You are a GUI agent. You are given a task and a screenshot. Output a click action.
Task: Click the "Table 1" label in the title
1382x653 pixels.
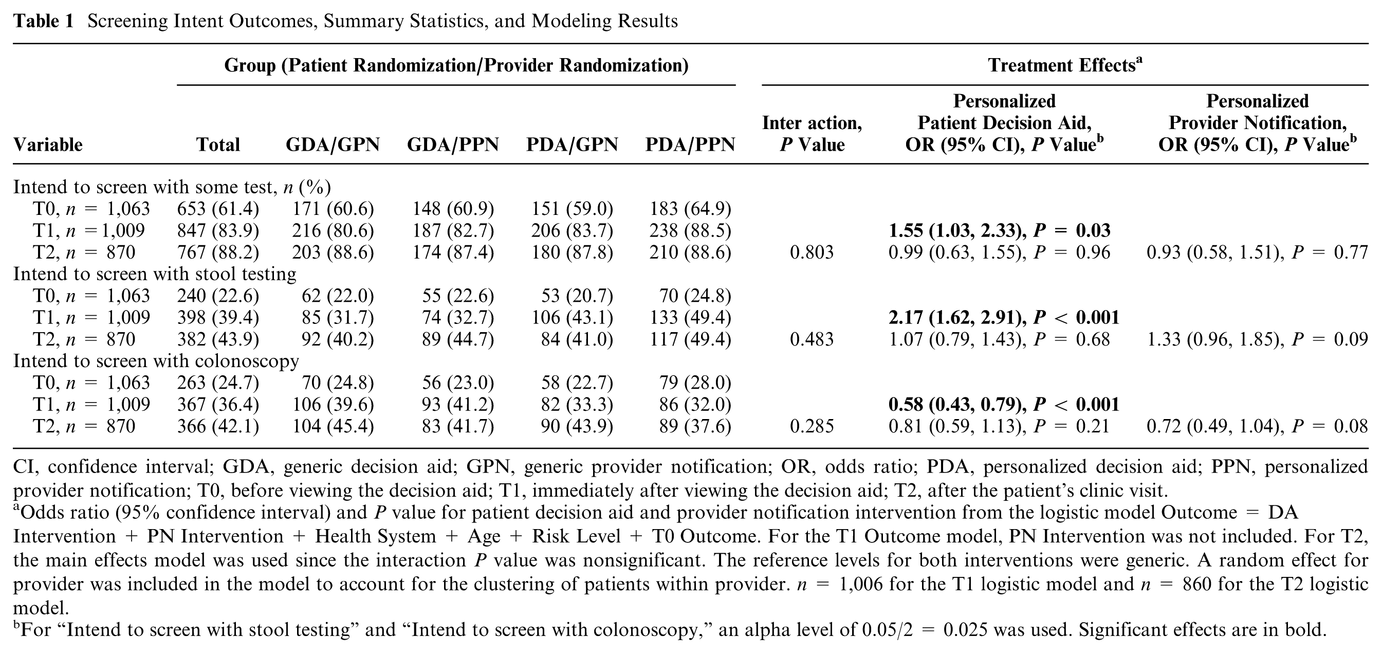[43, 21]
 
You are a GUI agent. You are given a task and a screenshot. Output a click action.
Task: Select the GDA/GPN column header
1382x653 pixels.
[333, 144]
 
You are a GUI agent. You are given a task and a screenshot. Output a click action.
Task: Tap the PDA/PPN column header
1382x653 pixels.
[690, 144]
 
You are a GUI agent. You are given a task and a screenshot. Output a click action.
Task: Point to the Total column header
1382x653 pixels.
[218, 144]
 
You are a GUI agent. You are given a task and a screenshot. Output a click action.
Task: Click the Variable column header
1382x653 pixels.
[48, 144]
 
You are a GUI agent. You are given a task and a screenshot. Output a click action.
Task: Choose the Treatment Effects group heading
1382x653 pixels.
[1065, 65]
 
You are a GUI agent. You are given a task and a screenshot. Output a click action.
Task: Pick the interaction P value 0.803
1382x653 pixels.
[812, 252]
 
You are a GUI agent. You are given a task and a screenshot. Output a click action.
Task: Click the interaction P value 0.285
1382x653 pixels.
[812, 426]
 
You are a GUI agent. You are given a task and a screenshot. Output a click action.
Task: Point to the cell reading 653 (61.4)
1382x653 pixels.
[218, 209]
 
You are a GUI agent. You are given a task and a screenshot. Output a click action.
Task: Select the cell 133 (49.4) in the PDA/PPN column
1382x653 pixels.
[690, 318]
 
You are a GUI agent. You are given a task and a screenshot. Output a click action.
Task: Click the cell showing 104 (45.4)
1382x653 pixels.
[333, 426]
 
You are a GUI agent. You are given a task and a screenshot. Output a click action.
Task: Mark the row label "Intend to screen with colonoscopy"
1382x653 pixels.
[156, 361]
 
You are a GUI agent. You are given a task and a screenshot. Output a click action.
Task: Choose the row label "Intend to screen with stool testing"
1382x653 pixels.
[155, 274]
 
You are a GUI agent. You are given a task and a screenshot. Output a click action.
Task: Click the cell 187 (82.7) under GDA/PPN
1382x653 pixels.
[453, 231]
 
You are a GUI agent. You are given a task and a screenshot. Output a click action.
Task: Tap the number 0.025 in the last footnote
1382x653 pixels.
[965, 629]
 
